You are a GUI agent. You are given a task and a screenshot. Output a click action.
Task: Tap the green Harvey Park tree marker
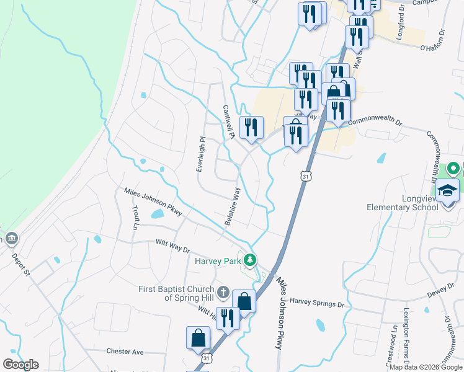pos(250,259)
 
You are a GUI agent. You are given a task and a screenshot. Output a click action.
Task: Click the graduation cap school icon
pos(447,190)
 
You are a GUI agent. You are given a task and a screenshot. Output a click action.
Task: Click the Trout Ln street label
pos(135,218)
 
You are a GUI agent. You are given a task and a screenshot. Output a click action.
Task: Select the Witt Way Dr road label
pos(172,246)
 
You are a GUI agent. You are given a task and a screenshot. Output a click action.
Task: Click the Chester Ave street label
pos(125,351)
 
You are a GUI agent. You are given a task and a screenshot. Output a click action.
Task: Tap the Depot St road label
pos(20,263)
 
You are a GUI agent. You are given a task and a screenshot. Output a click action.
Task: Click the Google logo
pos(20,365)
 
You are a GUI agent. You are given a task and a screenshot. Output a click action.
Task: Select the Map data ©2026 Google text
pos(425,367)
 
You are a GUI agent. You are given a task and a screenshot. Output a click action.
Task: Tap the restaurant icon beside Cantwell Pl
pos(251,128)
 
